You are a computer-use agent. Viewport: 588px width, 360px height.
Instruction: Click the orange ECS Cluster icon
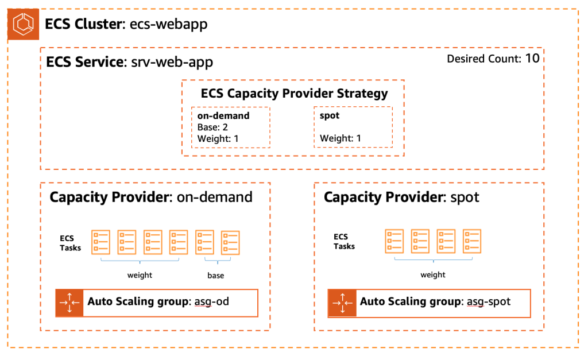23,25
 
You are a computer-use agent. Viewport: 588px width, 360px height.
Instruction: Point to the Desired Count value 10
532,58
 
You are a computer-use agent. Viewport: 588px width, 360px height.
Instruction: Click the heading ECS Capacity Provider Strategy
294,94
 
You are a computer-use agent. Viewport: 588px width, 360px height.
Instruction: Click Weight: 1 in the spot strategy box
341,138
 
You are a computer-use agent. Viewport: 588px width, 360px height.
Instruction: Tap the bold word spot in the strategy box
330,115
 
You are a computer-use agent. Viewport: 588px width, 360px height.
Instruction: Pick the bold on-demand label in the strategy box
223,115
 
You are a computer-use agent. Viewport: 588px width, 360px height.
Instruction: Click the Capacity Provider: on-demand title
150,198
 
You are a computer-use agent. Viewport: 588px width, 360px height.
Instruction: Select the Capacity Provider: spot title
401,198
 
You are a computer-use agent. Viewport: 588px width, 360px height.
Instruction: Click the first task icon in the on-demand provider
101,242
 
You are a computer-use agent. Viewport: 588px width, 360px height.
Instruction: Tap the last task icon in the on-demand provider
230,242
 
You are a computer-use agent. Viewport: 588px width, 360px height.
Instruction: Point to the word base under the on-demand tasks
216,276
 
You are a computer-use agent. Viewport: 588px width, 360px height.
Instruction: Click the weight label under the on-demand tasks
140,275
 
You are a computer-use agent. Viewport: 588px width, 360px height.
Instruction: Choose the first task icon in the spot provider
394,242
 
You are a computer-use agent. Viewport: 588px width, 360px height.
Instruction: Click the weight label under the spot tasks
433,274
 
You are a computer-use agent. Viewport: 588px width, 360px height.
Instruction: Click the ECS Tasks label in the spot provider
344,242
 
